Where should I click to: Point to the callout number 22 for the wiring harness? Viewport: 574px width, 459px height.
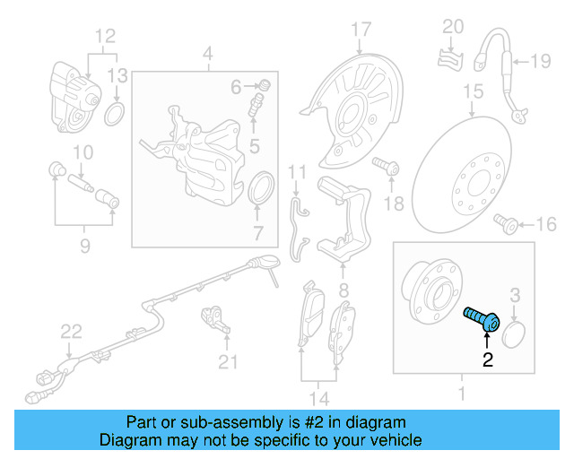pos(71,333)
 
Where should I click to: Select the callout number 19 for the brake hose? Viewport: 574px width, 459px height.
pos(539,62)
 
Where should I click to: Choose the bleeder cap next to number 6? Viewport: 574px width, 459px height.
pos(265,86)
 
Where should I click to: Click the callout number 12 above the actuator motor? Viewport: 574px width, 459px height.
pos(107,37)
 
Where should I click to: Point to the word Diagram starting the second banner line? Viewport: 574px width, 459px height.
pos(131,440)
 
